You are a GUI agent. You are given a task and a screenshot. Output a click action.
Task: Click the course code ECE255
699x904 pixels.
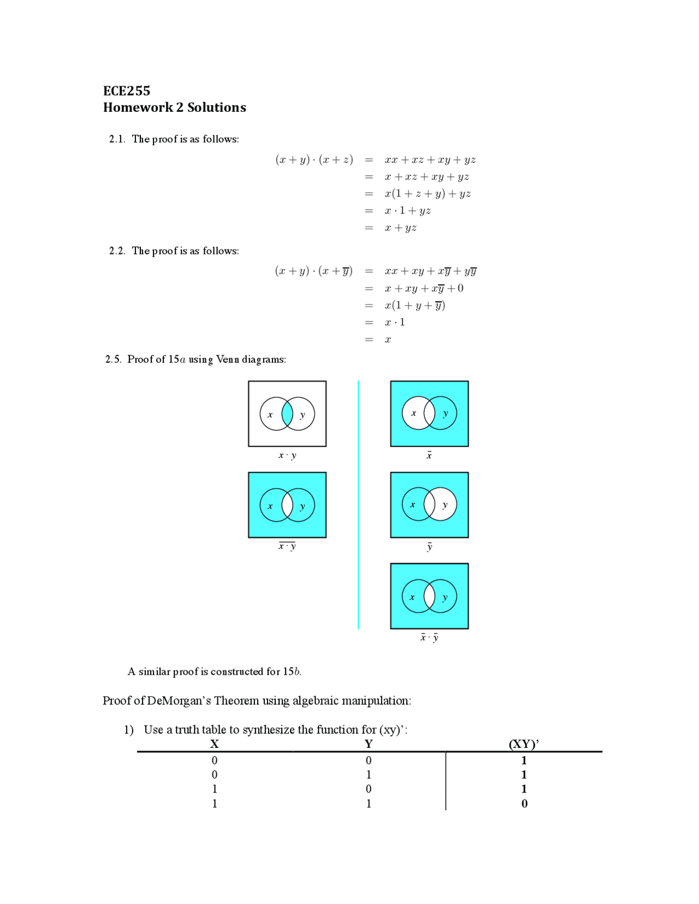[127, 91]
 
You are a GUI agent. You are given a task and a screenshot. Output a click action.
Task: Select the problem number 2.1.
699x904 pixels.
[116, 139]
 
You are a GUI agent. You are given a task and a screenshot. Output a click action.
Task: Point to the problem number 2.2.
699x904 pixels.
[116, 251]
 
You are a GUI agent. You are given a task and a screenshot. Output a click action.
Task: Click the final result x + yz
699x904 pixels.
[400, 228]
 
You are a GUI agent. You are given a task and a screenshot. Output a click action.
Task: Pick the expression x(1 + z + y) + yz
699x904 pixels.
[428, 194]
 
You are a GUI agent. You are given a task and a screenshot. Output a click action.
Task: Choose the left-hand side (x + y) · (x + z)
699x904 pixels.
[314, 160]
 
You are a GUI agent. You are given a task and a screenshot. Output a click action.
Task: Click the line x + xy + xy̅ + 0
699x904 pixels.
[424, 288]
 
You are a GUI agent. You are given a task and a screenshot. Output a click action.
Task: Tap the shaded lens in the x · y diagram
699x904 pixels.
[287, 414]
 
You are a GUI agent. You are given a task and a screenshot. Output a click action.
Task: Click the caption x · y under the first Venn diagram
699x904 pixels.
[287, 455]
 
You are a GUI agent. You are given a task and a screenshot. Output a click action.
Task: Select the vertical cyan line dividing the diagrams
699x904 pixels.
[358, 505]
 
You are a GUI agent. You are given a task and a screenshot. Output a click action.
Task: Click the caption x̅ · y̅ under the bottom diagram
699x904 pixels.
[429, 637]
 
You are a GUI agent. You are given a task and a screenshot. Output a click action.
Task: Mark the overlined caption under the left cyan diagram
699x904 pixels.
[287, 546]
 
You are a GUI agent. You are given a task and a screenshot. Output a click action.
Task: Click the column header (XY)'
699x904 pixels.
[524, 744]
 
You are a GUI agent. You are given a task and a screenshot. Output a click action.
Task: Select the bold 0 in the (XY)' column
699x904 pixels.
[524, 804]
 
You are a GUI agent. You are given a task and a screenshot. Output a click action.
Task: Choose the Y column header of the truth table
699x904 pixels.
[369, 744]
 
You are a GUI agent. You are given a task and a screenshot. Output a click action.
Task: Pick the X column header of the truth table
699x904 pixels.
[215, 744]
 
